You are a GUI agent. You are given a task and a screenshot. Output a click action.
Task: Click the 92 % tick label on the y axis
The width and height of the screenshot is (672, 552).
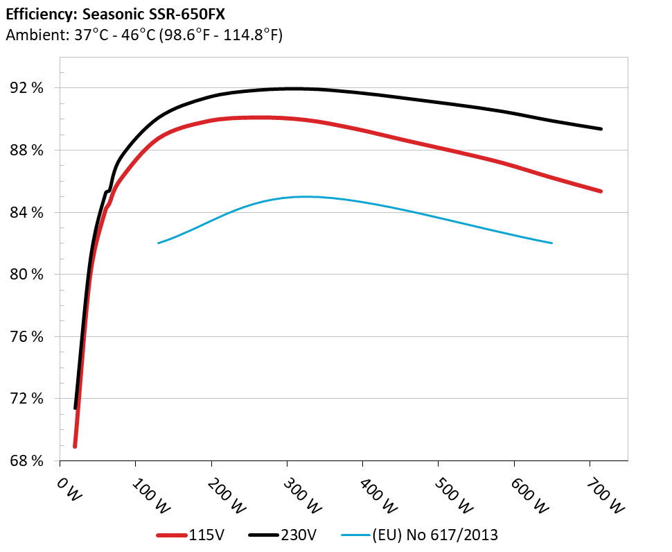pyautogui.click(x=28, y=88)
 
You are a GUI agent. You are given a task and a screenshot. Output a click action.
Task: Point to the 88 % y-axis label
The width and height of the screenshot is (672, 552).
pyautogui.click(x=28, y=150)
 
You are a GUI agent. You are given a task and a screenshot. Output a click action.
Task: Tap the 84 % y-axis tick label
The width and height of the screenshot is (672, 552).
pyautogui.click(x=28, y=212)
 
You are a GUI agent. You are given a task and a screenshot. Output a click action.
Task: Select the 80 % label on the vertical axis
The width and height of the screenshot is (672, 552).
pyautogui.click(x=28, y=275)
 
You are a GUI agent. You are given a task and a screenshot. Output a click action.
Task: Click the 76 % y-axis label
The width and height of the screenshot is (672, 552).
pyautogui.click(x=28, y=336)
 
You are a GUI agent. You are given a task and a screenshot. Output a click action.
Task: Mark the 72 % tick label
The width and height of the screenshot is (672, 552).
pyautogui.click(x=28, y=399)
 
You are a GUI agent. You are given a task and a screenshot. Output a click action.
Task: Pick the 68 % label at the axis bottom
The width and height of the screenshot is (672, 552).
pyautogui.click(x=28, y=460)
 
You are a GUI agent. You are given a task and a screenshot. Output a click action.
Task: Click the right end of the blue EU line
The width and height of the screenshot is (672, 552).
pyautogui.click(x=552, y=243)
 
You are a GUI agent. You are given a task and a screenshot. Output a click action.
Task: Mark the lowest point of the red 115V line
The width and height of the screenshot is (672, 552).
pyautogui.click(x=75, y=447)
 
